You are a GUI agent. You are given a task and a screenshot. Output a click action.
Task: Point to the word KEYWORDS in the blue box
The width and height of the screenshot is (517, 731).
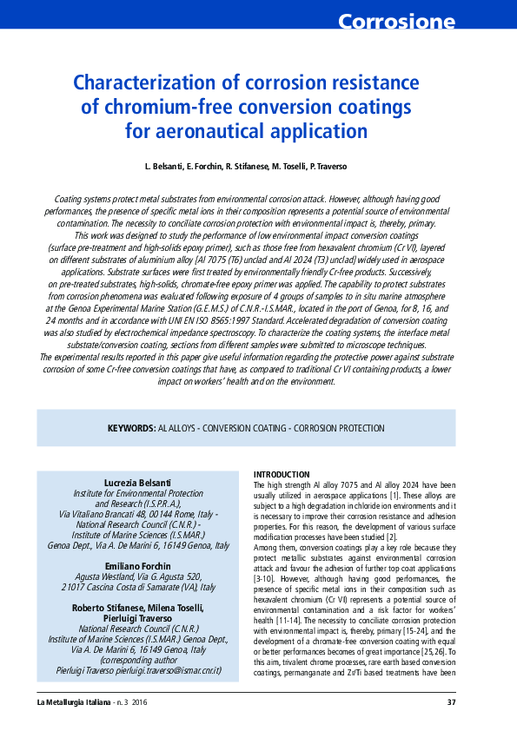pyautogui.click(x=131, y=429)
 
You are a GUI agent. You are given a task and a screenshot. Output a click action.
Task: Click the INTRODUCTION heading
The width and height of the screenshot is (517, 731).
pyautogui.click(x=281, y=474)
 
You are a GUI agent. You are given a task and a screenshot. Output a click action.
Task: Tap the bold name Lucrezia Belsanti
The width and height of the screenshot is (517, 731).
pyautogui.click(x=137, y=482)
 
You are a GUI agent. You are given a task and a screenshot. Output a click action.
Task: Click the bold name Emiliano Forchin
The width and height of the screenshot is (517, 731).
pyautogui.click(x=137, y=566)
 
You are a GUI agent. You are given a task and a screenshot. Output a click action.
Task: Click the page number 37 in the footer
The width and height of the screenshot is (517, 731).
pyautogui.click(x=451, y=702)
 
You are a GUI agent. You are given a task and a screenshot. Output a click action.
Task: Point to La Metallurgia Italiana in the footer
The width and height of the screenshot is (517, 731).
pyautogui.click(x=74, y=702)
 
